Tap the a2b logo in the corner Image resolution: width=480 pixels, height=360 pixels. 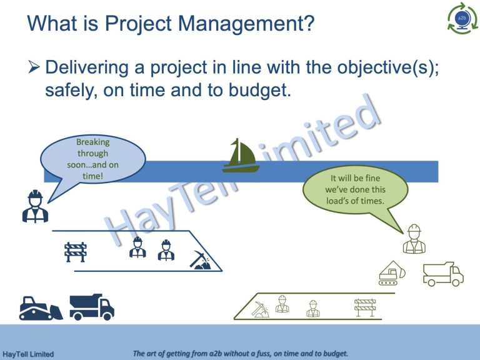tap(462, 18)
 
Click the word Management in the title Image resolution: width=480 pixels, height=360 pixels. tap(246, 23)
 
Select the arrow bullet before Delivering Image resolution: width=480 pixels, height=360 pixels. tap(34, 67)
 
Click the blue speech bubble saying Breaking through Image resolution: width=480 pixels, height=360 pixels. tap(92, 159)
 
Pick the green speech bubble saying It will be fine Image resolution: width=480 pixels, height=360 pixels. tap(355, 190)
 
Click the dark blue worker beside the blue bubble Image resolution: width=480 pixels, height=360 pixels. tap(35, 206)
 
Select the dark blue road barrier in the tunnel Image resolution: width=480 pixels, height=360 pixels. tap(76, 252)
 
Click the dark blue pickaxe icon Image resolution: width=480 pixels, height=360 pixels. tap(200, 260)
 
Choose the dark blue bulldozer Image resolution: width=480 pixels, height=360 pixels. tap(41, 309)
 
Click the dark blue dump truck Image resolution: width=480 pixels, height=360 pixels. tap(92, 307)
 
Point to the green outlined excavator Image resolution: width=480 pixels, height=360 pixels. tap(392, 273)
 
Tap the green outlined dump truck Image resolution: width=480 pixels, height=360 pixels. tap(443, 274)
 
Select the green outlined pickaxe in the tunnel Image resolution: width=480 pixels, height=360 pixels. tap(261, 309)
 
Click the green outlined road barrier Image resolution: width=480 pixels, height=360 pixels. tap(365, 307)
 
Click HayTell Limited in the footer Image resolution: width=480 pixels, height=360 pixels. tap(28, 354)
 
